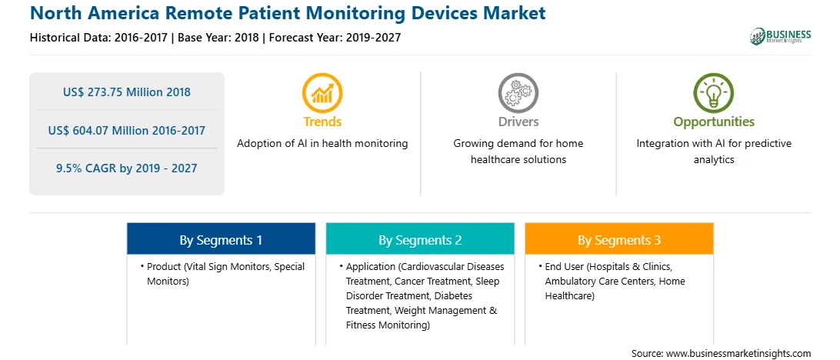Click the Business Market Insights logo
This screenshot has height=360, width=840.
click(x=780, y=36)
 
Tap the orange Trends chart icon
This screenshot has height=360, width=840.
click(x=322, y=92)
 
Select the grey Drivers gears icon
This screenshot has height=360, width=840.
click(x=518, y=92)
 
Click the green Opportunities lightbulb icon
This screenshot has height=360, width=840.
click(x=714, y=92)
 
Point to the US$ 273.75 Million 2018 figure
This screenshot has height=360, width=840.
click(x=126, y=92)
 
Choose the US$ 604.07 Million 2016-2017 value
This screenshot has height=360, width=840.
click(x=126, y=130)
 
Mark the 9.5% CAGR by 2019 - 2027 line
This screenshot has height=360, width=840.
click(x=126, y=168)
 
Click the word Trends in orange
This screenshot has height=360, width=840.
click(x=322, y=122)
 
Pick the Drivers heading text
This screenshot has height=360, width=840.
click(x=518, y=122)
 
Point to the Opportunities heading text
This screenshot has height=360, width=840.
click(x=714, y=122)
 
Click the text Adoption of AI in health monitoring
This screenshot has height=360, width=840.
click(x=322, y=144)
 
